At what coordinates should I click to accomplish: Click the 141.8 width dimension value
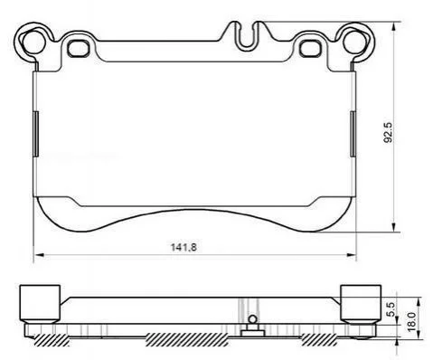coord(184,247)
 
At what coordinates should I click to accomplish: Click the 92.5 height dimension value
coord(388,132)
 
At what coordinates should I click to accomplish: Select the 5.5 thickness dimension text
coord(391,309)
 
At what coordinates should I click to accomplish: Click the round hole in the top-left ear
coord(34,42)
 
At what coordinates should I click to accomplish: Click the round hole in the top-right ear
coord(354,42)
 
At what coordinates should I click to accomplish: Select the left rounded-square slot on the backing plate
coord(79,48)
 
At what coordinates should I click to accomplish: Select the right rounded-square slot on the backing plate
coord(310,48)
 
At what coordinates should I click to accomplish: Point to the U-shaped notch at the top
coord(247,36)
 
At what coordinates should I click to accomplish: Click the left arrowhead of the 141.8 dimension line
coord(40,255)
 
